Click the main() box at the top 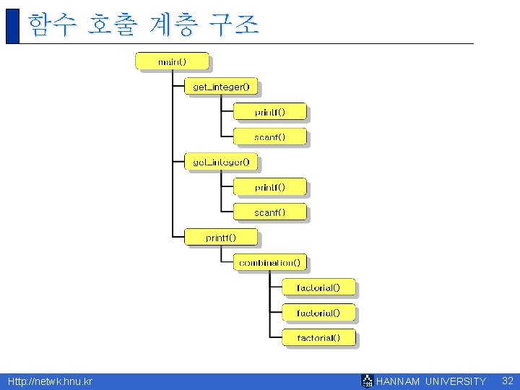[x=172, y=61]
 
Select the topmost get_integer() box [x=221, y=87]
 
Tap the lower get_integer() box [x=221, y=162]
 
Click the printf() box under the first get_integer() [x=269, y=112]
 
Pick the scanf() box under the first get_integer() [x=269, y=136]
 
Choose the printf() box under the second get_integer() [x=269, y=187]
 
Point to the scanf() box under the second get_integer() [x=269, y=212]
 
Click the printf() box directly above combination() [x=220, y=237]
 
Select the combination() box [x=270, y=262]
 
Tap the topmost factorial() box [x=318, y=287]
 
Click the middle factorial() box [x=318, y=313]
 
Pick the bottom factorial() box [x=318, y=337]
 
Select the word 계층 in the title [x=172, y=25]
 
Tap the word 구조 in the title [x=233, y=25]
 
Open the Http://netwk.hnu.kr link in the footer [x=50, y=381]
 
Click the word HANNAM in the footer [x=398, y=381]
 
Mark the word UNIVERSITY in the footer [x=456, y=381]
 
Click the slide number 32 [x=507, y=381]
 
